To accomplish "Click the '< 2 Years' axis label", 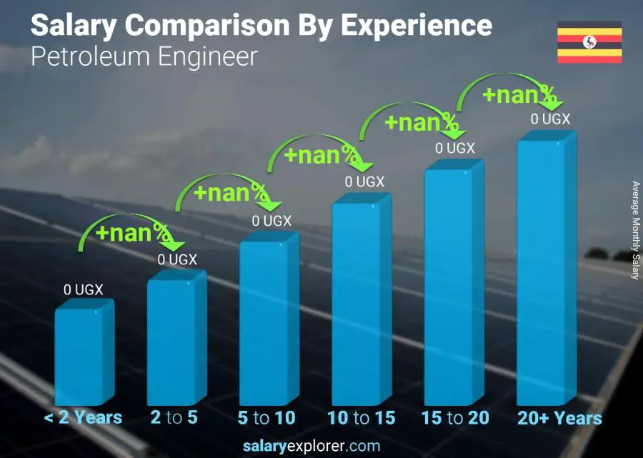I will [x=84, y=418].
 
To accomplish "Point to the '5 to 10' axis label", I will [x=266, y=418].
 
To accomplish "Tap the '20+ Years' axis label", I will [x=560, y=418].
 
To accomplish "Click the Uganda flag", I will [x=589, y=42].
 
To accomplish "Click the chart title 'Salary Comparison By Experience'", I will [x=261, y=26].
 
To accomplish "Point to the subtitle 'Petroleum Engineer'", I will [x=144, y=56].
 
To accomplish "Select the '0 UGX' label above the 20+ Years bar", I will [x=550, y=119].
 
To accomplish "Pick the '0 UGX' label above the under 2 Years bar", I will [x=84, y=290].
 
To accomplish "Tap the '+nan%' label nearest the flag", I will [x=519, y=94].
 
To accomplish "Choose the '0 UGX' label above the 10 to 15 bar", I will [x=364, y=182].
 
